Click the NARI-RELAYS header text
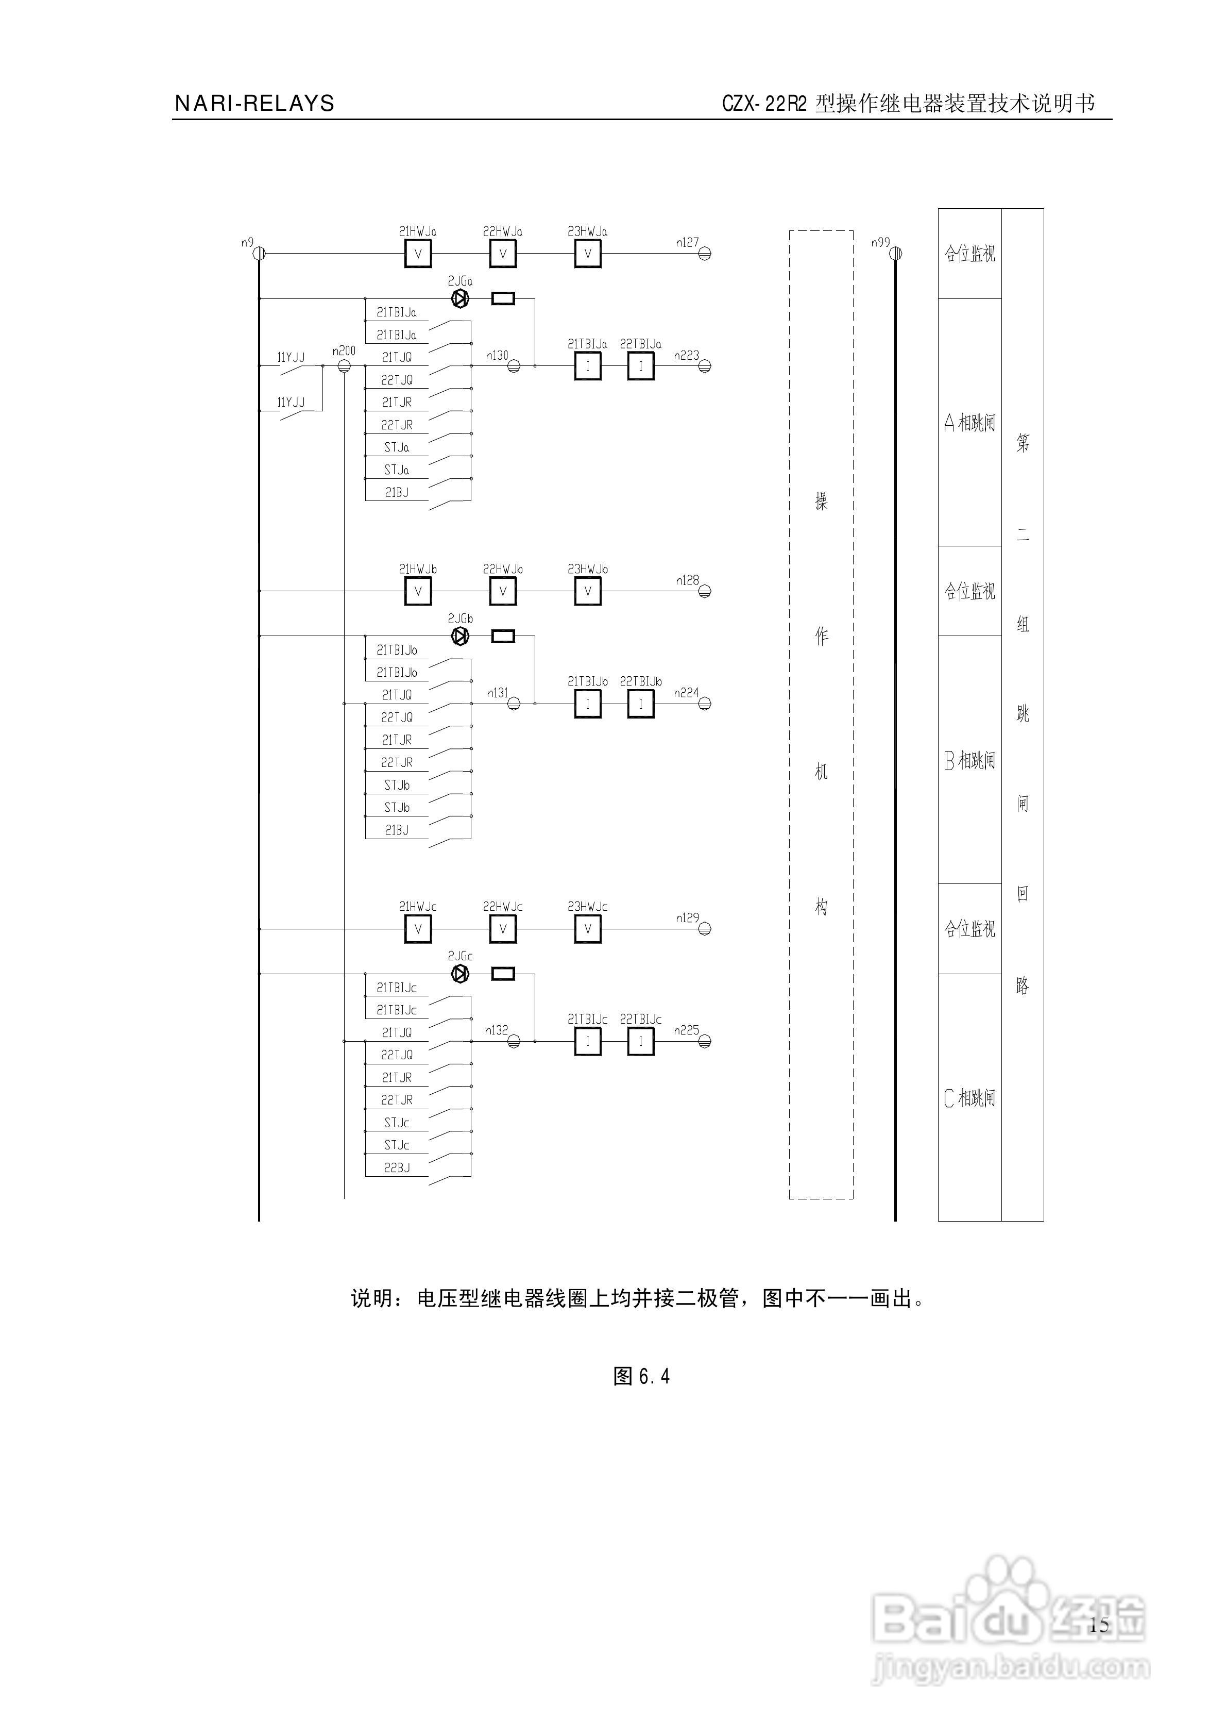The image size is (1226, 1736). click(254, 104)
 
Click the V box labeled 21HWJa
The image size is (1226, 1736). click(418, 254)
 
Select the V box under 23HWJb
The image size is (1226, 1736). click(587, 591)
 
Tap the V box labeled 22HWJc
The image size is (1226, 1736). click(503, 929)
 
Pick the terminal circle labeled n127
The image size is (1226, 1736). click(705, 254)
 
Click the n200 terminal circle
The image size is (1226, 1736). click(344, 366)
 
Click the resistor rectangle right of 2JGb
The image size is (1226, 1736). click(503, 637)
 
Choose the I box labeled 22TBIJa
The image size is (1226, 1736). click(641, 366)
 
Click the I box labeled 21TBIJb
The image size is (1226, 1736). click(587, 705)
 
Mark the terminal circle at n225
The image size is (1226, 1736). click(705, 1042)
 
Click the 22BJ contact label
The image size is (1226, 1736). click(397, 1168)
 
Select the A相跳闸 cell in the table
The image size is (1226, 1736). click(970, 423)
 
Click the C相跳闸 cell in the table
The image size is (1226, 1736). click(970, 1098)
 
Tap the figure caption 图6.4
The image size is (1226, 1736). click(641, 1376)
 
